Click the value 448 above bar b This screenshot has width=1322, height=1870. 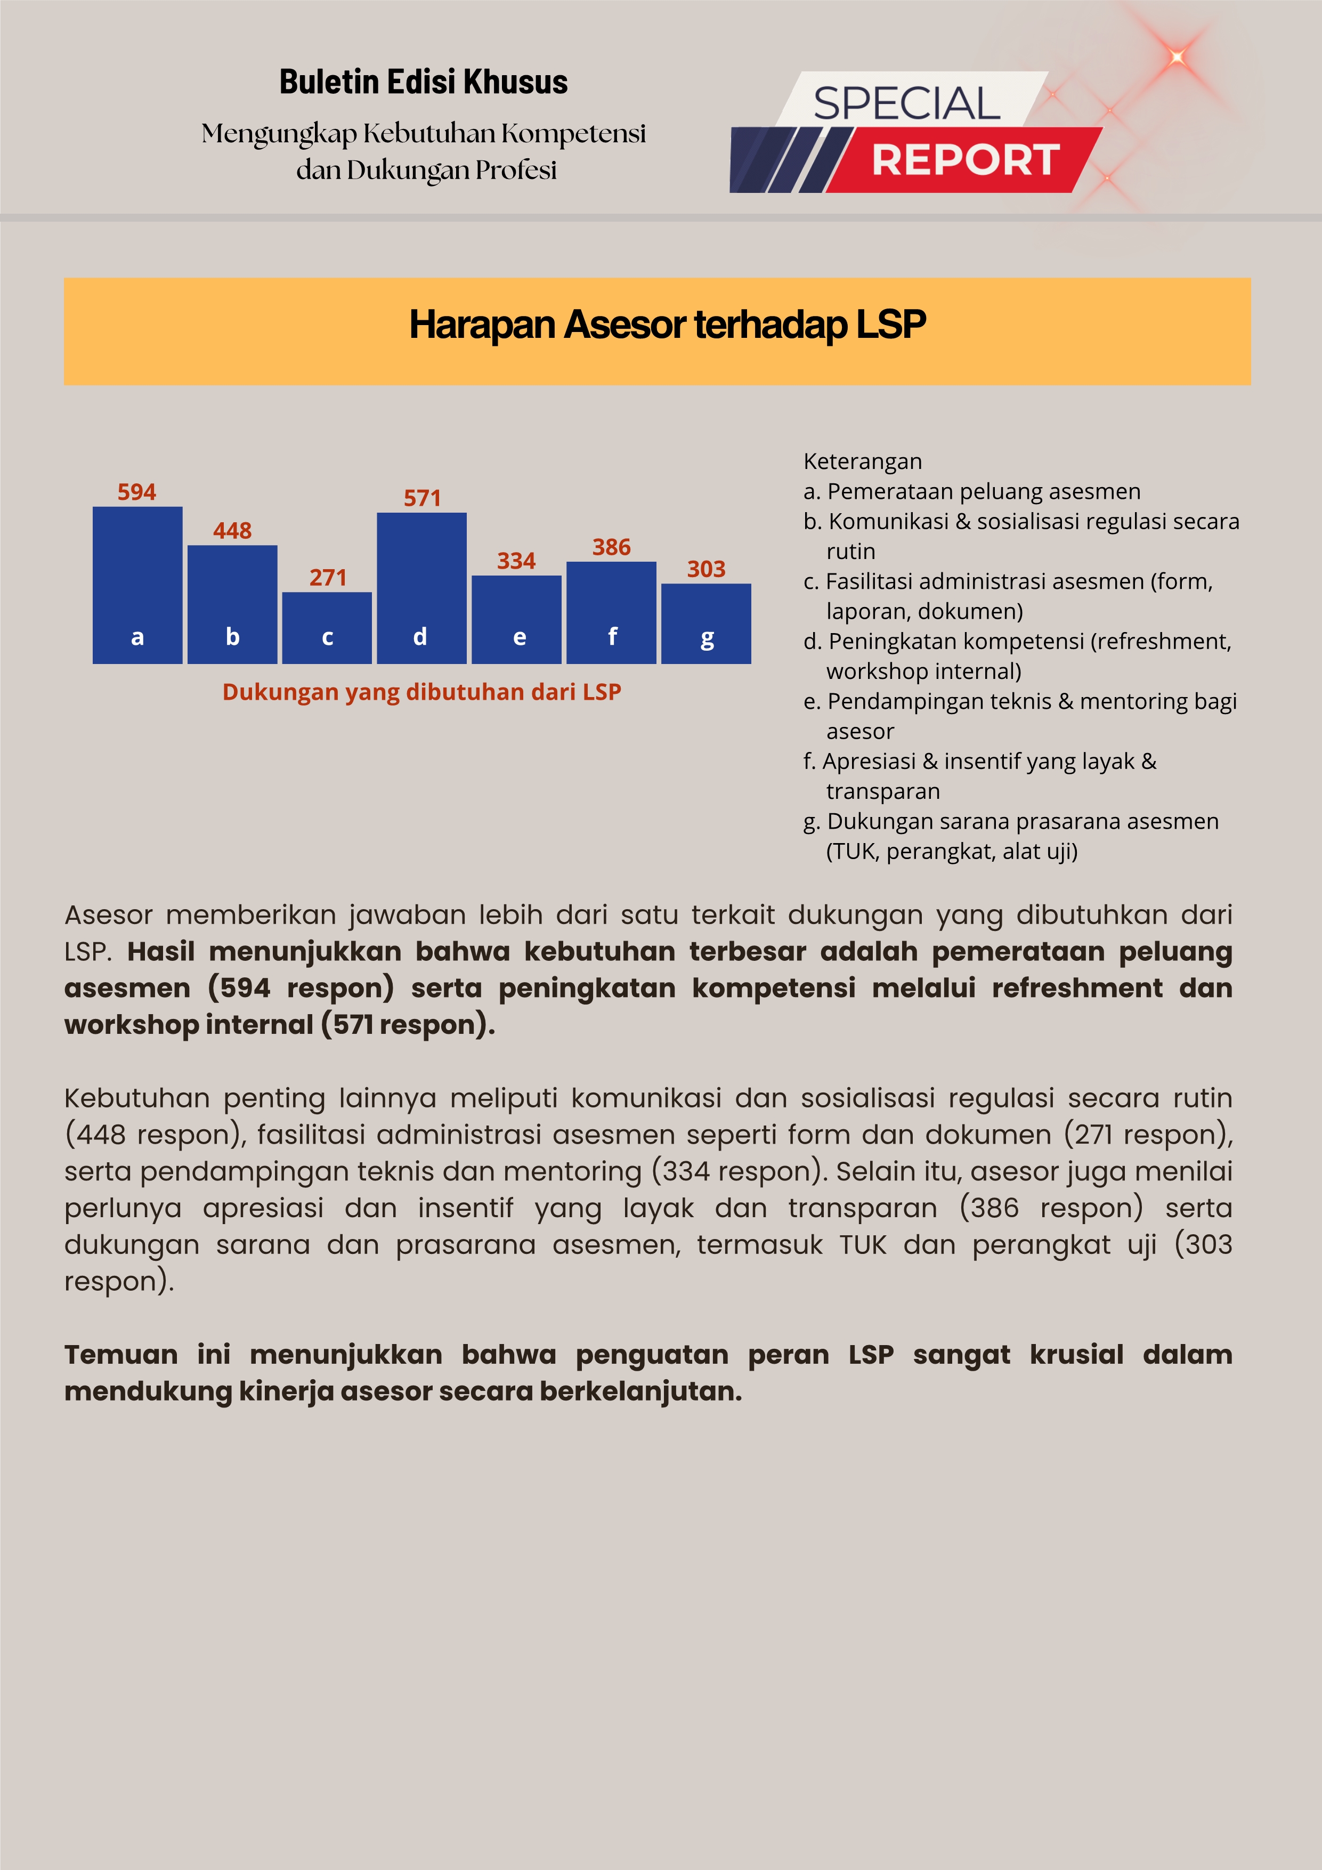coord(232,531)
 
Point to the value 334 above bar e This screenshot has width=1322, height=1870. coord(516,561)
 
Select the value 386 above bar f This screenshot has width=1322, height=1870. coord(611,547)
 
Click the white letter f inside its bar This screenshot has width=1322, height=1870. coord(612,636)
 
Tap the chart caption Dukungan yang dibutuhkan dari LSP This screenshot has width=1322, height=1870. coord(421,692)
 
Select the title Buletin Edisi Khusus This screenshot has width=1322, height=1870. coord(423,82)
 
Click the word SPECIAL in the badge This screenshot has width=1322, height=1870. coord(906,103)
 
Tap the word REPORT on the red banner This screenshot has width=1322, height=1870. coord(965,160)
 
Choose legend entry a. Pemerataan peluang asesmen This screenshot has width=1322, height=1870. coord(972,492)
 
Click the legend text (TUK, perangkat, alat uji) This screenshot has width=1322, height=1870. coord(951,852)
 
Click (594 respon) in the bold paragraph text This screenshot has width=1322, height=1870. coord(301,988)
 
